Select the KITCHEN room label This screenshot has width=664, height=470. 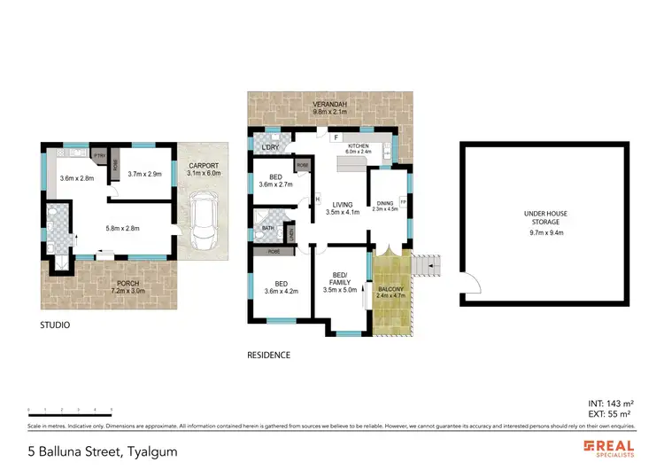tap(358, 145)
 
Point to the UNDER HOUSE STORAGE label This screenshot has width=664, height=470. tap(546, 217)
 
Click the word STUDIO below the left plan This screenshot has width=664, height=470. tap(54, 325)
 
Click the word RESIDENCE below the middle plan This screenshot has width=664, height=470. tap(267, 355)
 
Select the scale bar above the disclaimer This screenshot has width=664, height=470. tap(70, 412)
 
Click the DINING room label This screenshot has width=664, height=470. tap(385, 204)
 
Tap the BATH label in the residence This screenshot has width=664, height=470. tap(266, 227)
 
